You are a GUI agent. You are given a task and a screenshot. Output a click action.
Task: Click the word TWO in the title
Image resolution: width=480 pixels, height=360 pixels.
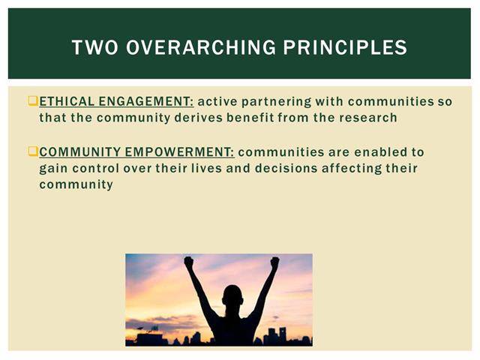(95, 47)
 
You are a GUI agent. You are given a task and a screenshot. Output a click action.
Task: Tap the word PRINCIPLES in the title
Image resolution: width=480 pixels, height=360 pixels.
(345, 47)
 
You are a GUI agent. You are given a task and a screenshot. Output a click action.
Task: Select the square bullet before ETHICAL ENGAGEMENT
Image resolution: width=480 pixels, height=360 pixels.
(33, 101)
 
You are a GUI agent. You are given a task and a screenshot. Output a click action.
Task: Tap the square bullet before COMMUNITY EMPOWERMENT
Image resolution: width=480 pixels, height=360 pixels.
(33, 151)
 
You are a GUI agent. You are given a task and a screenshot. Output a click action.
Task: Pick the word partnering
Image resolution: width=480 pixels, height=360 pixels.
(277, 102)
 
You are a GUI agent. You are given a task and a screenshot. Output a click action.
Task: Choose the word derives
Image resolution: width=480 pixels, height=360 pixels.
(198, 118)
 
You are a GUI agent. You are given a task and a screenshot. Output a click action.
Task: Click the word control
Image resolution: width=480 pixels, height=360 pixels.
(96, 168)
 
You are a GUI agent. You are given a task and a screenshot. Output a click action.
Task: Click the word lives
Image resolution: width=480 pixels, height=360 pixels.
(207, 168)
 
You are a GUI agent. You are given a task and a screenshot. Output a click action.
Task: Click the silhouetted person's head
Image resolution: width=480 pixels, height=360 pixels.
(232, 295)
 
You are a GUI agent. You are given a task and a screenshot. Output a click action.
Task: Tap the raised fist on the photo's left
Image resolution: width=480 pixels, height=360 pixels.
(189, 262)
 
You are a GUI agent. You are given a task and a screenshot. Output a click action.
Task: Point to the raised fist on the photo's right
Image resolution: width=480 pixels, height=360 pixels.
(274, 262)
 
